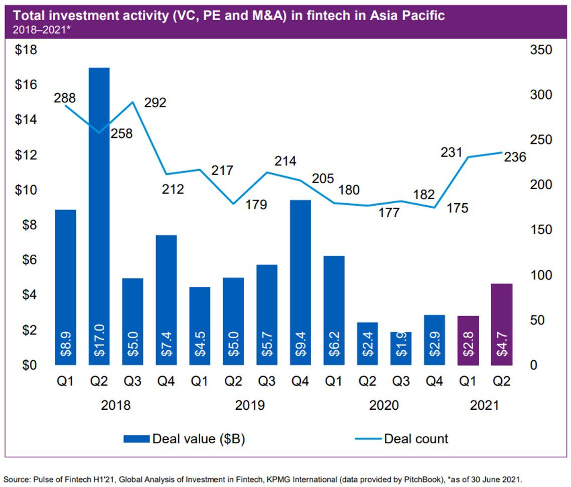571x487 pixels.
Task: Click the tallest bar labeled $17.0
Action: (x=99, y=216)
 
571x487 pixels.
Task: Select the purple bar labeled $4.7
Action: (x=502, y=324)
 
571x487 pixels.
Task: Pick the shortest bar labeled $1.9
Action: (x=401, y=348)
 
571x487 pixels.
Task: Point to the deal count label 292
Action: (x=155, y=102)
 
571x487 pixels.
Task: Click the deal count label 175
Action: (x=457, y=207)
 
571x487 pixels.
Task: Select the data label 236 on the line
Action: (x=515, y=157)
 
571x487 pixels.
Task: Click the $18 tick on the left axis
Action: (x=26, y=50)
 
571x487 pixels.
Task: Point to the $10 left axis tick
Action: (x=26, y=190)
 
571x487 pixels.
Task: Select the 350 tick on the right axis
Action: (x=540, y=50)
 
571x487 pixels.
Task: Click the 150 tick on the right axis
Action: (x=540, y=230)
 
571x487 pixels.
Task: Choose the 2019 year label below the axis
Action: (x=250, y=404)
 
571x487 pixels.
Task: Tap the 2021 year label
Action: (x=485, y=404)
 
